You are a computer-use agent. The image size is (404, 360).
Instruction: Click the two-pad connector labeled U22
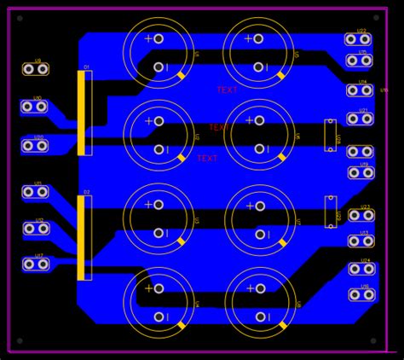pos(358,39)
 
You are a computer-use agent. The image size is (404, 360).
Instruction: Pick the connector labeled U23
pos(361,215)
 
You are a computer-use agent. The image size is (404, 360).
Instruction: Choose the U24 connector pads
pos(361,270)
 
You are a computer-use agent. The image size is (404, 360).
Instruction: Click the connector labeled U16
pos(362,295)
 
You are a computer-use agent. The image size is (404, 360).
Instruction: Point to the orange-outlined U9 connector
pos(35,69)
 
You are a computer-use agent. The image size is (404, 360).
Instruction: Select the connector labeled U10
pos(34,107)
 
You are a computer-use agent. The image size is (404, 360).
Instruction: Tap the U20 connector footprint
pos(34,146)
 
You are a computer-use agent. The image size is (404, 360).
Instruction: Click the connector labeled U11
pos(35,192)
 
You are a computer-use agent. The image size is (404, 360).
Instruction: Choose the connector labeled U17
pos(34,264)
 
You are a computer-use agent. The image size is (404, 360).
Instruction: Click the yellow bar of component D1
pos(82,113)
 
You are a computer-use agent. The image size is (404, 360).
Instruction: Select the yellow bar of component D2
pos(82,237)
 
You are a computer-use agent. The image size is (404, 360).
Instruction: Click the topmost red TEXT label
pos(228,90)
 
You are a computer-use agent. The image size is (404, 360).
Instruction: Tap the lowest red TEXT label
pos(207,159)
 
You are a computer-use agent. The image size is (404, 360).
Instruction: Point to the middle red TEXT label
pos(218,128)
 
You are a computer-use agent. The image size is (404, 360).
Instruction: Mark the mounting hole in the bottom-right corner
pos(372,341)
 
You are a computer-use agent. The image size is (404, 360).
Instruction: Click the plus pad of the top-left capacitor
pos(159,38)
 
